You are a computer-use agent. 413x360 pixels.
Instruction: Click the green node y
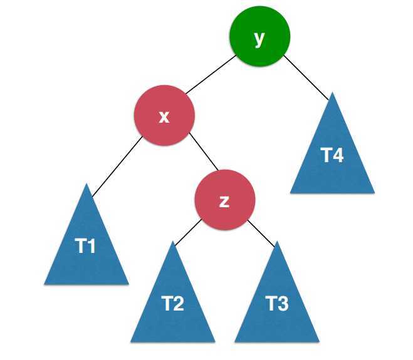pyautogui.click(x=259, y=38)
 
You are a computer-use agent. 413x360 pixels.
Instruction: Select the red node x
pyautogui.click(x=164, y=116)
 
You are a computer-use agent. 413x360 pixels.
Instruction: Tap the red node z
pyautogui.click(x=224, y=201)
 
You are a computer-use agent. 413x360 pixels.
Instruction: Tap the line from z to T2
pyautogui.click(x=187, y=233)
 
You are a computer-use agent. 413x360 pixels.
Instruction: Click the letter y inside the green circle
pyautogui.click(x=259, y=38)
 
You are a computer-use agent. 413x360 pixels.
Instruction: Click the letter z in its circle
pyautogui.click(x=224, y=202)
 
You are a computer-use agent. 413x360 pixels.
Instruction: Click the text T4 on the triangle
pyautogui.click(x=332, y=156)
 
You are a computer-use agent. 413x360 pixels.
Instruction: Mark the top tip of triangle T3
pyautogui.click(x=276, y=243)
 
